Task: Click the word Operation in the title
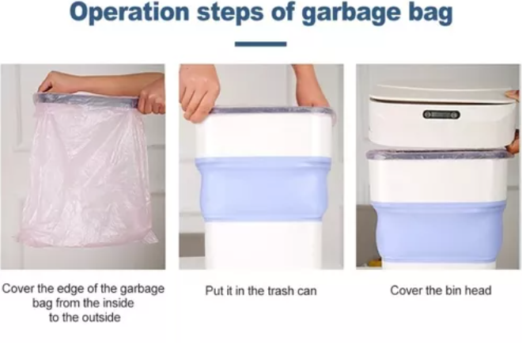click(130, 13)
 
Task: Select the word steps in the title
click(230, 14)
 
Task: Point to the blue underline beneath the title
click(260, 44)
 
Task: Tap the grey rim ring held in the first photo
click(86, 100)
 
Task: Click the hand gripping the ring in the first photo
click(152, 97)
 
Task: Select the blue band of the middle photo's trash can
click(263, 188)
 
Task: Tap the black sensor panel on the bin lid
click(441, 115)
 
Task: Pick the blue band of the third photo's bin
click(440, 232)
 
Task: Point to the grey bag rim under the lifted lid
click(440, 154)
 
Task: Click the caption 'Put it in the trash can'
click(261, 290)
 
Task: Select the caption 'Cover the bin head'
click(441, 290)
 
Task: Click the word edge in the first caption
click(73, 289)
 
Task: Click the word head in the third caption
click(478, 290)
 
